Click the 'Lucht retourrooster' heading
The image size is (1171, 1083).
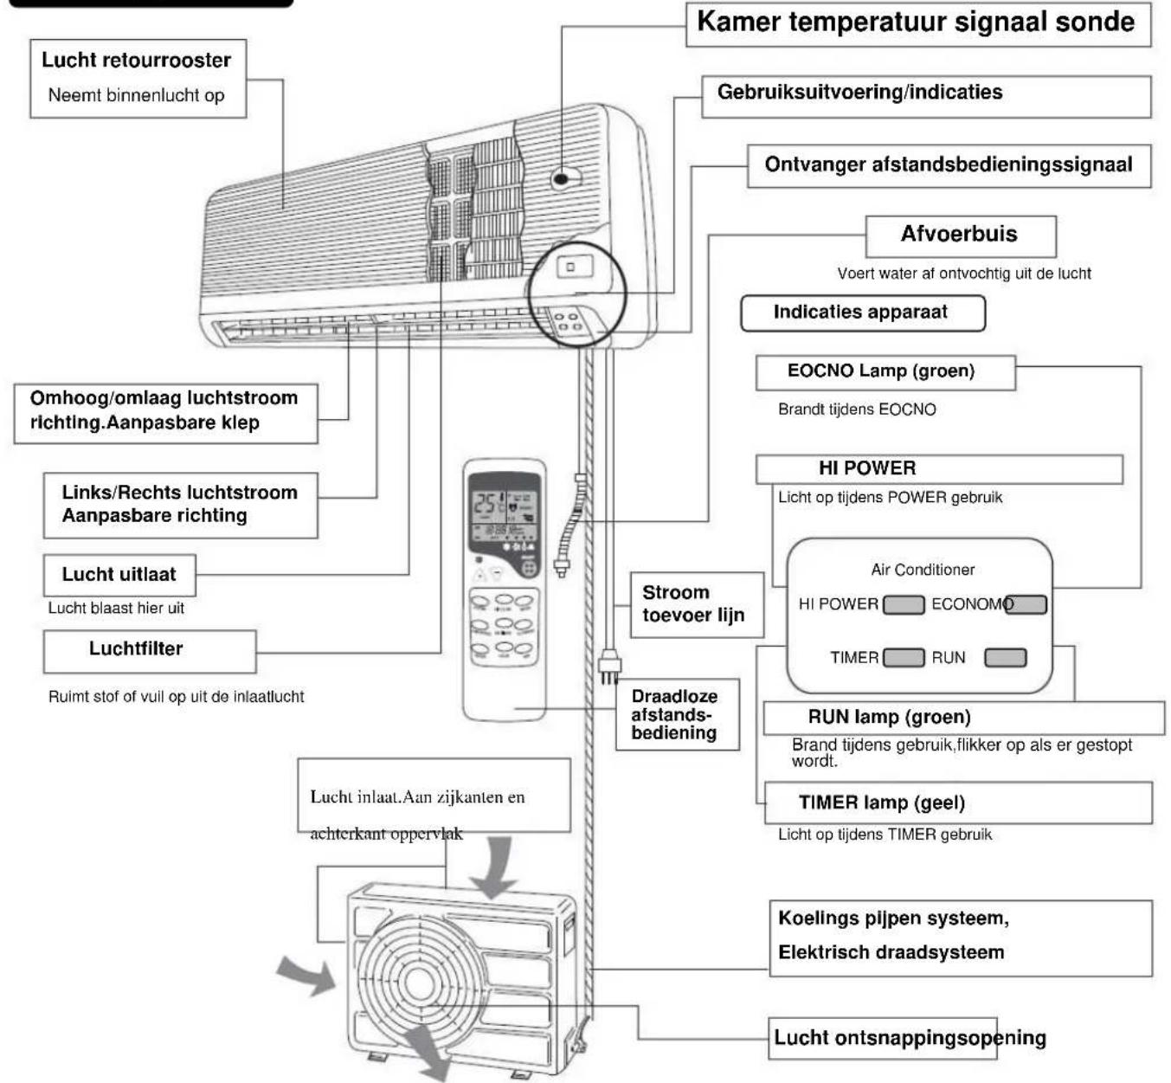coord(136,61)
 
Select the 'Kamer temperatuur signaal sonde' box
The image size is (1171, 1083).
coord(918,23)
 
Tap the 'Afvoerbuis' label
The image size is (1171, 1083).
coord(959,234)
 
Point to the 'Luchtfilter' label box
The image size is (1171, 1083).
coord(150,651)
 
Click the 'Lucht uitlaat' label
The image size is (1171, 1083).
coord(119,574)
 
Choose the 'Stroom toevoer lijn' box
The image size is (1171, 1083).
coord(697,604)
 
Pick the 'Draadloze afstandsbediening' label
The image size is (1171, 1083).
coord(674,714)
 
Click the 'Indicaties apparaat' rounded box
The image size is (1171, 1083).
coord(863,313)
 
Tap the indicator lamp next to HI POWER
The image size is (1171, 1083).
coord(904,604)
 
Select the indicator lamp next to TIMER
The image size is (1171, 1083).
coord(904,658)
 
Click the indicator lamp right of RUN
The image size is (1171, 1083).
coord(1006,658)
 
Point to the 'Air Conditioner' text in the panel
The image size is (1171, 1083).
coord(923,570)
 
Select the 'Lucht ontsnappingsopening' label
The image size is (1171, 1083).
coord(910,1038)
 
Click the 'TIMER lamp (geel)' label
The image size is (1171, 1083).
coord(881,803)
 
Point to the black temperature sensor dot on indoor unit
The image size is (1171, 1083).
coord(561,178)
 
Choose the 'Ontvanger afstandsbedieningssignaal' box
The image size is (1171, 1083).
coord(949,166)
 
